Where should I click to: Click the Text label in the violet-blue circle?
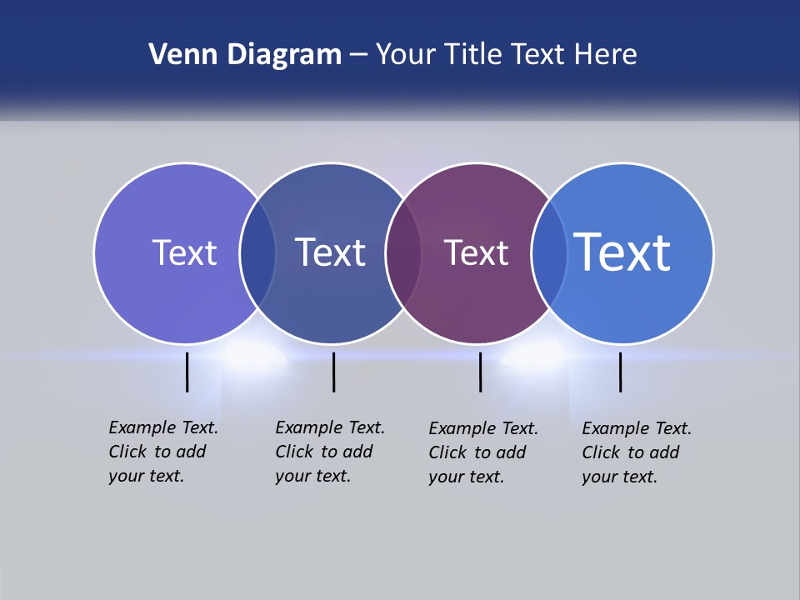point(184,252)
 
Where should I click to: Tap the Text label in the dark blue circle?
point(331,252)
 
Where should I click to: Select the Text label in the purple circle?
point(476,252)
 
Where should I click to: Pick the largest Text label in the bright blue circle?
point(622,252)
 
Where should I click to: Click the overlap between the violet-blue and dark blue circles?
point(257,253)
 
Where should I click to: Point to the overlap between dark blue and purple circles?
point(404,253)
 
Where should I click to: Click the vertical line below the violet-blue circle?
point(187,372)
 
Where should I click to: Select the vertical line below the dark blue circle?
point(333,372)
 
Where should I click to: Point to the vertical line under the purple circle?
point(481,372)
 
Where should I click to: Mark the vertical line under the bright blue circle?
point(621,372)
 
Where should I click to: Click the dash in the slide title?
point(358,56)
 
